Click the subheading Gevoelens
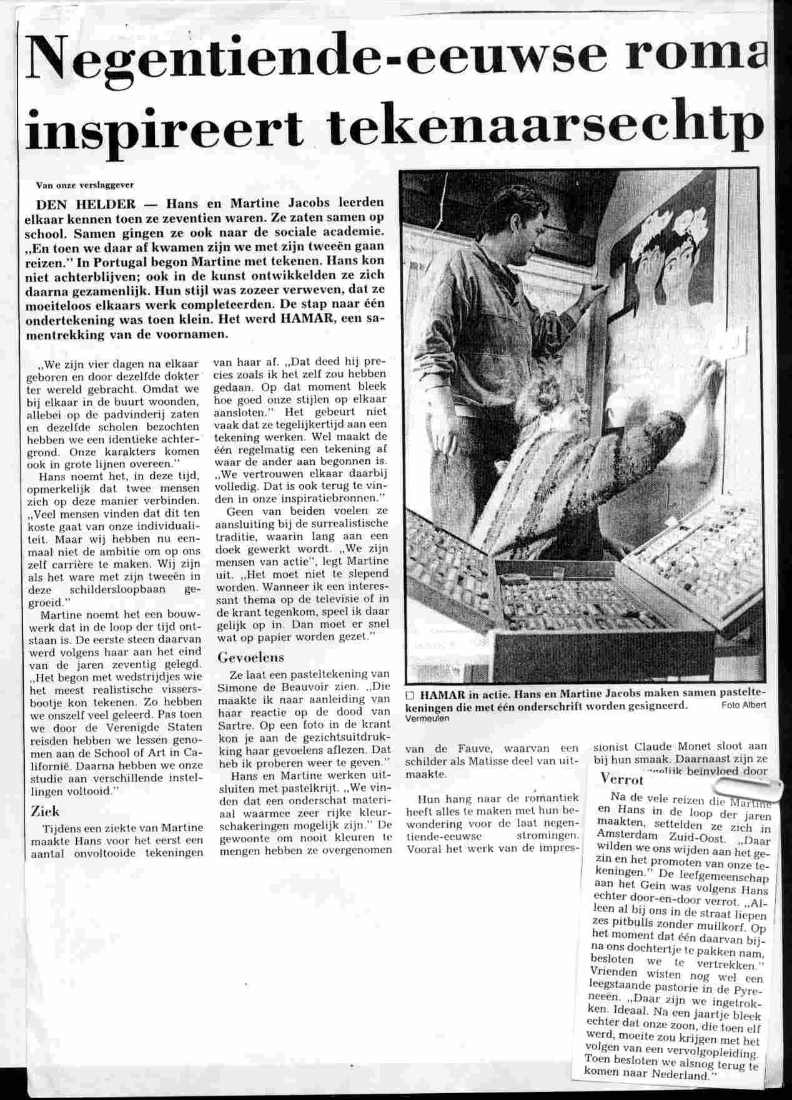pyautogui.click(x=250, y=658)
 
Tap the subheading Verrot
pyautogui.click(x=620, y=778)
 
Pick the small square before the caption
pyautogui.click(x=410, y=694)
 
